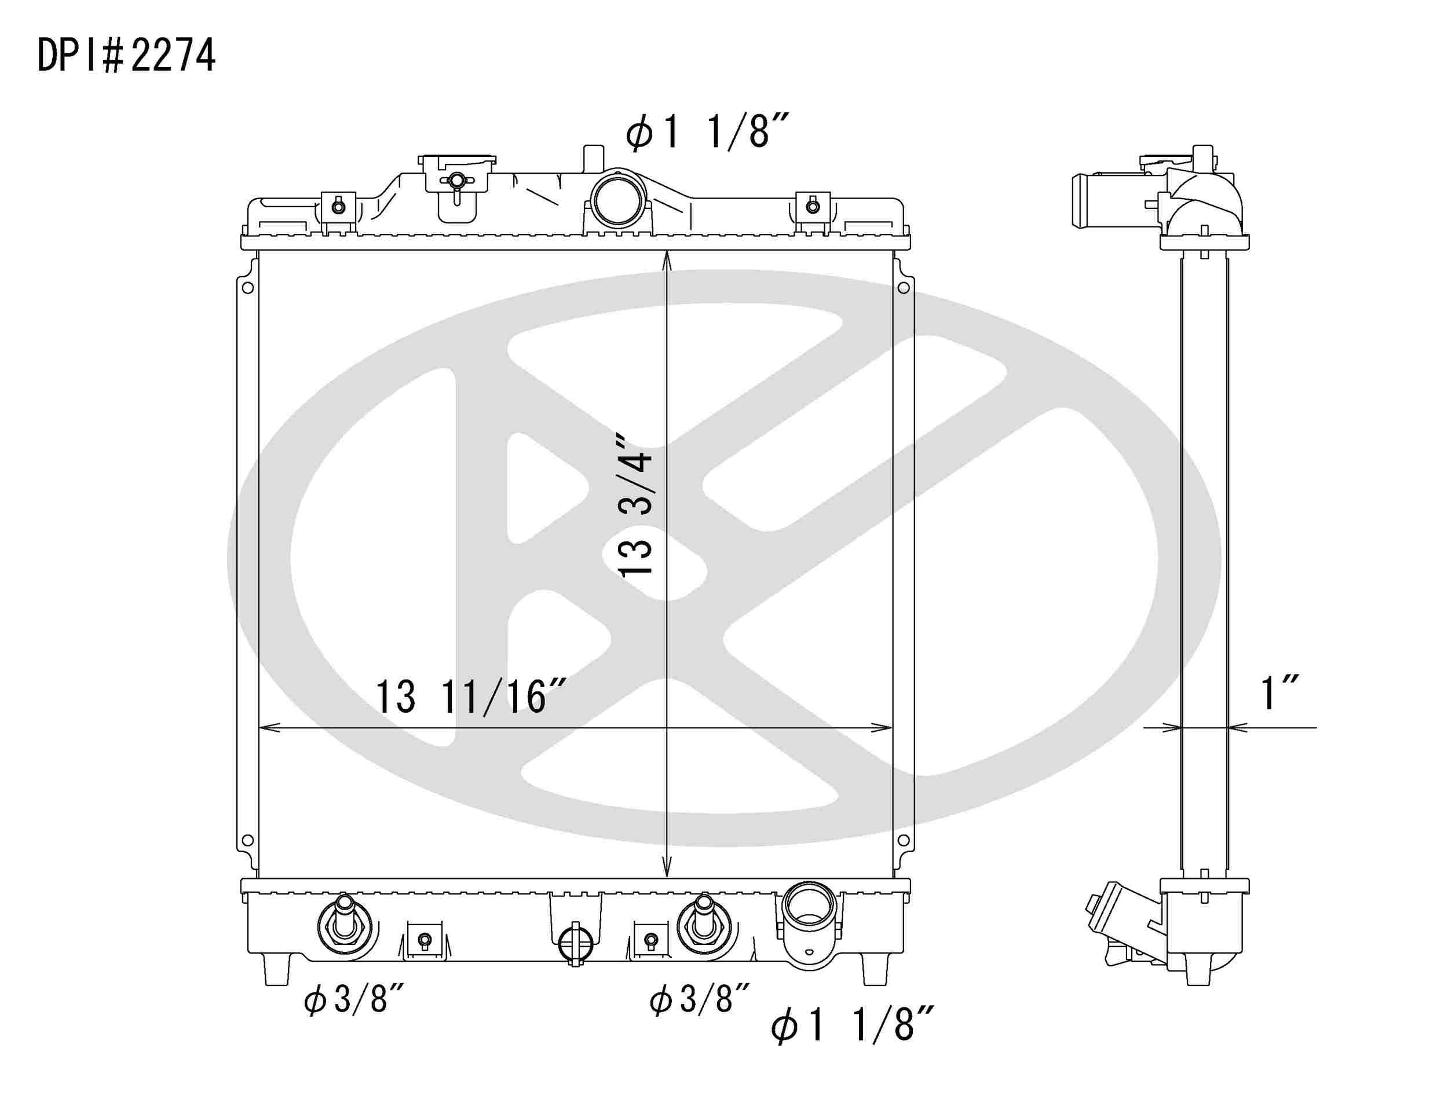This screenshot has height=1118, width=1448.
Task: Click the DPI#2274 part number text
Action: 126,55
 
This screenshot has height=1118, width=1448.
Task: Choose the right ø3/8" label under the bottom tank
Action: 700,1000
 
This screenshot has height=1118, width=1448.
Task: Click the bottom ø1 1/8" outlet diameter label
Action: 853,1043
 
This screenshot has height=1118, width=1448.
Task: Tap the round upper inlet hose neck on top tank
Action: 617,200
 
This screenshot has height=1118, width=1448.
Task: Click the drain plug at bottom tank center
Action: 573,944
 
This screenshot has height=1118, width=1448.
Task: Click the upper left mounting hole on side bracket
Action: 247,288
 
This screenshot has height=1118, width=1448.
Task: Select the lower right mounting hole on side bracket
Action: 903,840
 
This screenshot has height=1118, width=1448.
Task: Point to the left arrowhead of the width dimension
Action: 263,728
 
